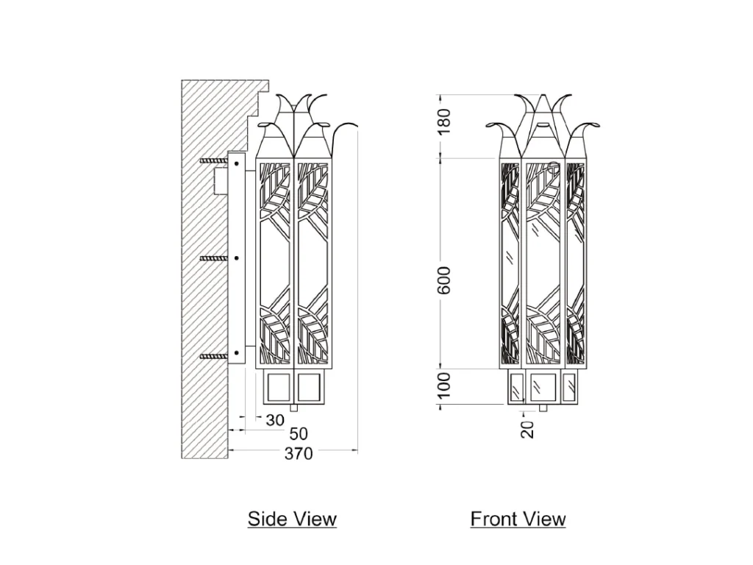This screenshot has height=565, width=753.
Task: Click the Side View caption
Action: (292, 519)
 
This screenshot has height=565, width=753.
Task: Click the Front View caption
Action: (518, 519)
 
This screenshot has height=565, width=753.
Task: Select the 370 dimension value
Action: (299, 454)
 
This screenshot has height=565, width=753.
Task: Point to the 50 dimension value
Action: (299, 434)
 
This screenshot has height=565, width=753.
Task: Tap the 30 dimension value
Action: (274, 420)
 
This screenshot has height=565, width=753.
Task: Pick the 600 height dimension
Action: (443, 279)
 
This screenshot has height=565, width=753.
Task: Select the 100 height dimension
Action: (443, 385)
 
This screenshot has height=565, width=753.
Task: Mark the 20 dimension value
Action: (528, 427)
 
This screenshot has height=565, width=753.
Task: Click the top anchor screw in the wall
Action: (213, 161)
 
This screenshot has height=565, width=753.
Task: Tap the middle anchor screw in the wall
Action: (213, 258)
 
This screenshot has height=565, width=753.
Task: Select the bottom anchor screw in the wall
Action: (213, 356)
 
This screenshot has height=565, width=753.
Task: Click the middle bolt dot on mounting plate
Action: (236, 258)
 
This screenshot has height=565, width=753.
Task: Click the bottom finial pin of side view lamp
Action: (296, 407)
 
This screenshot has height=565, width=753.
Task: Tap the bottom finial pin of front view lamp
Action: (543, 407)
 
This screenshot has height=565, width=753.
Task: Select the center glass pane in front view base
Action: (543, 385)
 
